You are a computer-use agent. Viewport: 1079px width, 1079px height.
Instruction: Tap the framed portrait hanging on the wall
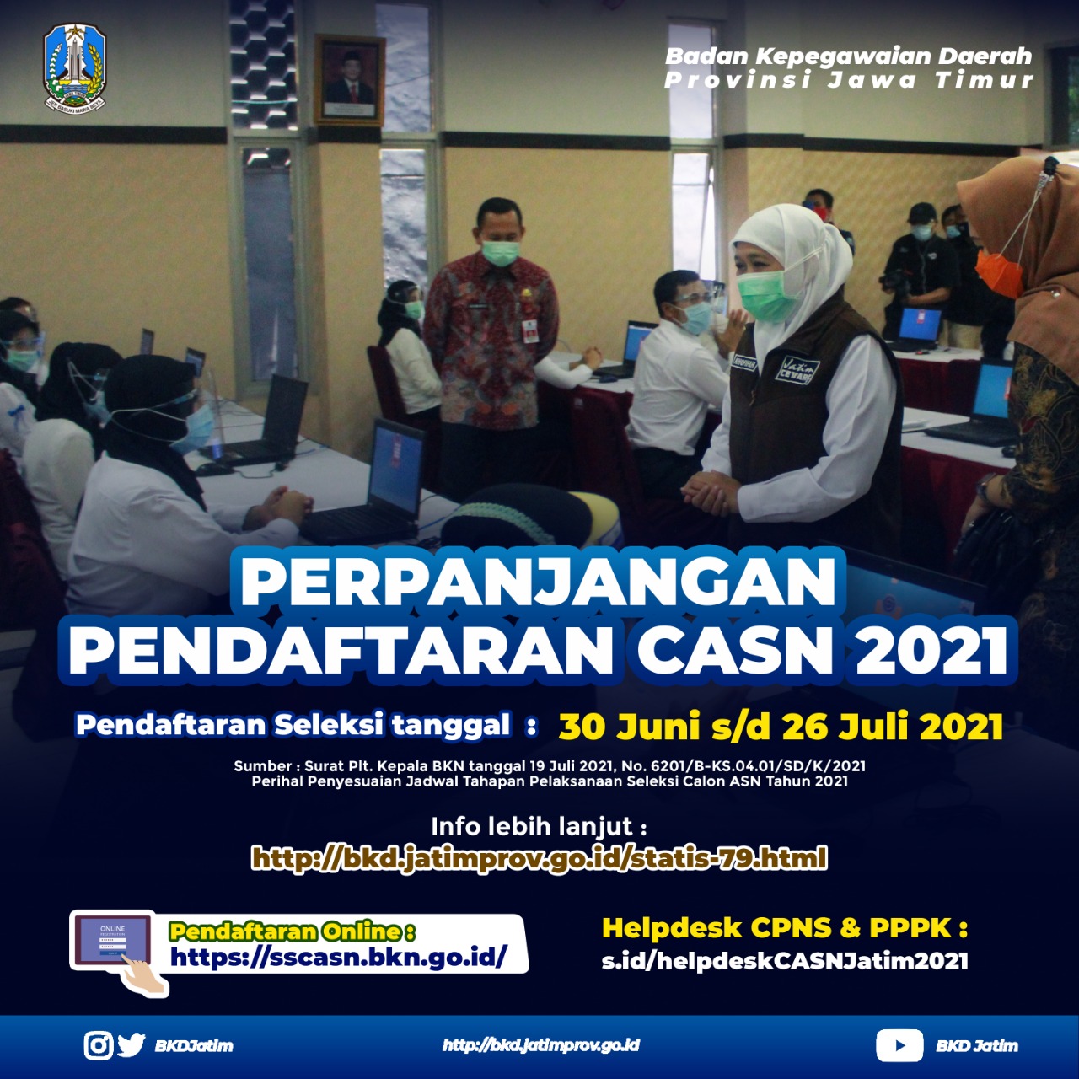coord(350,80)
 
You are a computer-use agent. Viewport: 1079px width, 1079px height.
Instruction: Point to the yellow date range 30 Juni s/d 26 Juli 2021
coord(781,727)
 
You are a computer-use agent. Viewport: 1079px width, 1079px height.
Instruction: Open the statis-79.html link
coord(539,858)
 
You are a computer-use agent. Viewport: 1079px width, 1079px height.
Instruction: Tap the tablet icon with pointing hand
coord(119,953)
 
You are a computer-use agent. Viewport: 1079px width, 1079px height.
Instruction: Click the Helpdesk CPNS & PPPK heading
coord(785,928)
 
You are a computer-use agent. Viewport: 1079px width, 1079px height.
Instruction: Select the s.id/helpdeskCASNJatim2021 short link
coord(785,961)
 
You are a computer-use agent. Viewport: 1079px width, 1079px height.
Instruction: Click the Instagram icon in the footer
coord(99,1044)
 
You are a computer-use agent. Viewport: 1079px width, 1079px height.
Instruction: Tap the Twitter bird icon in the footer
coord(132,1044)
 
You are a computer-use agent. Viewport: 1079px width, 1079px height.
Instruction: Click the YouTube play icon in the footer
coord(899,1044)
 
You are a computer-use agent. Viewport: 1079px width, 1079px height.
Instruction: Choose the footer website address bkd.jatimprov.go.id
coord(541,1044)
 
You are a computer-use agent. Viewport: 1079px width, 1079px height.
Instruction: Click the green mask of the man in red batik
coord(500,253)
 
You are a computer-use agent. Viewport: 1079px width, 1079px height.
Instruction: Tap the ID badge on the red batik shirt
coord(529,331)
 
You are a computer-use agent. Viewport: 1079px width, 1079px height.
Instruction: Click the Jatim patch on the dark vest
coord(797,369)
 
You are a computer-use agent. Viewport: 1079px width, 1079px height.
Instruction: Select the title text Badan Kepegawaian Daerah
coord(848,56)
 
